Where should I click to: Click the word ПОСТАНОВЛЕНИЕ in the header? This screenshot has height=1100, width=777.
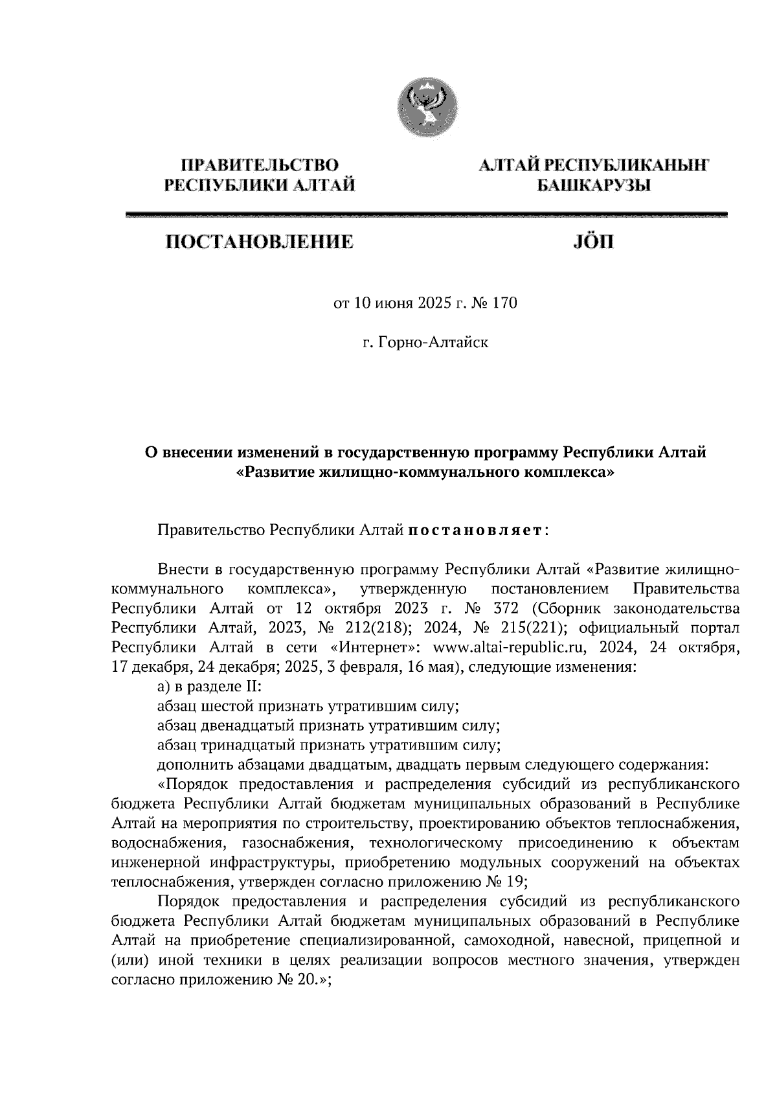260,243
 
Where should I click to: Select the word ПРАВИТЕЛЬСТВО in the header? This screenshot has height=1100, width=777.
260,165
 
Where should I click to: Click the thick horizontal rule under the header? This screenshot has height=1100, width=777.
427,214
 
